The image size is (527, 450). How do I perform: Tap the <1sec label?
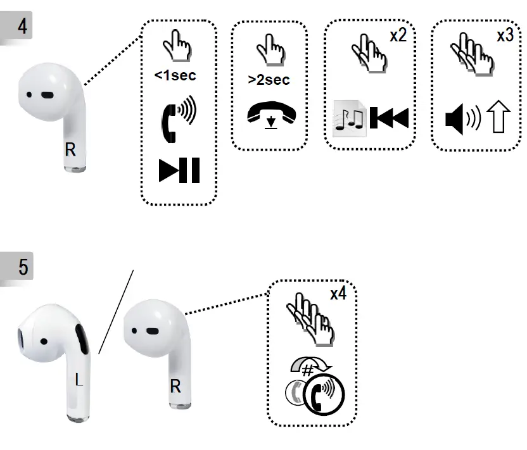175,75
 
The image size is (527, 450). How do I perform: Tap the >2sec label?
269,80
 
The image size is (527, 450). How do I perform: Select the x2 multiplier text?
397,35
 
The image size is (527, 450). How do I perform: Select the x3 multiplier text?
505,35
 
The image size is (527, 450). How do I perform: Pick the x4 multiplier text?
337,294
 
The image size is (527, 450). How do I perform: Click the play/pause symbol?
179,171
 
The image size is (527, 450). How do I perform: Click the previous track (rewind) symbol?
389,118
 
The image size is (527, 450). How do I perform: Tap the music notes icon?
350,119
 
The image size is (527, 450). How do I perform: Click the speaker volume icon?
464,119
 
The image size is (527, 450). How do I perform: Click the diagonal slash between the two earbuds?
116,311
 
